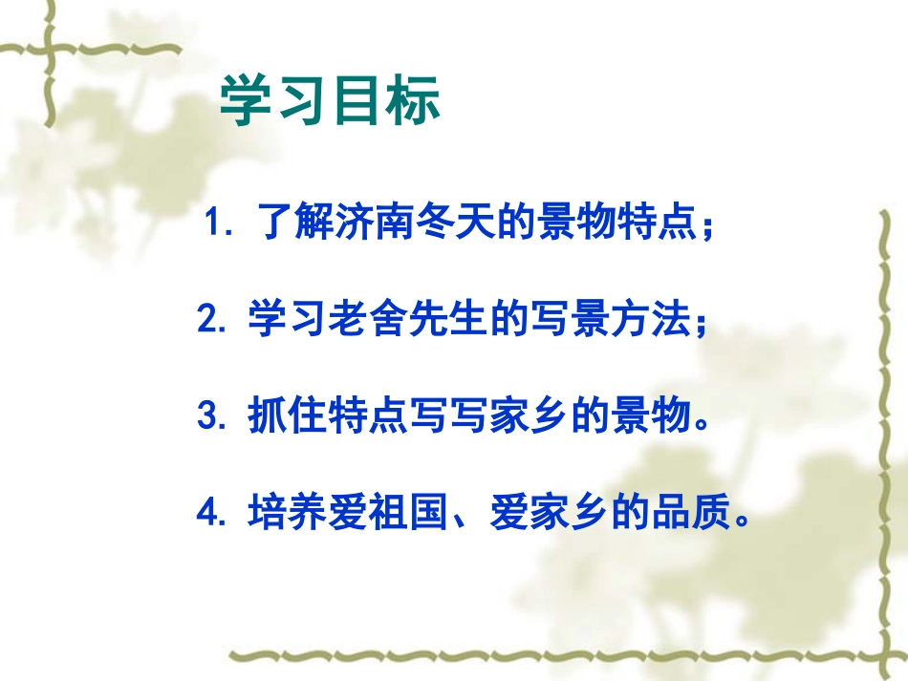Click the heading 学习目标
point(331,102)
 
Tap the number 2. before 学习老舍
point(211,320)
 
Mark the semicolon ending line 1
point(706,231)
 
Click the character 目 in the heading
point(358,102)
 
